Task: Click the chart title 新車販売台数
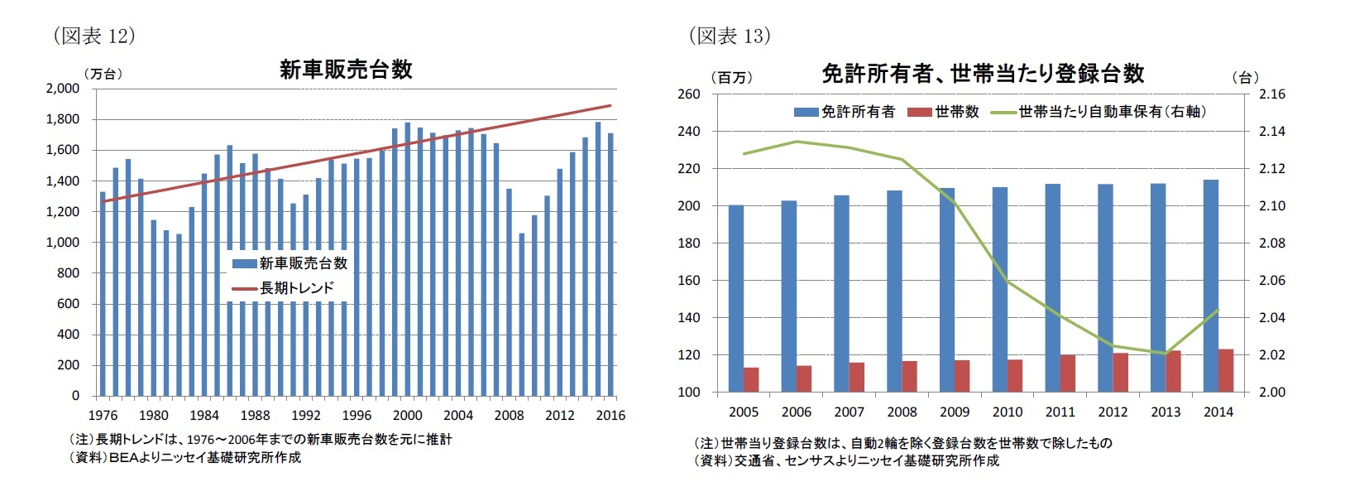pos(346,70)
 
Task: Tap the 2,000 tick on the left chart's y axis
pos(63,89)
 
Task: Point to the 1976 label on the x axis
pos(103,416)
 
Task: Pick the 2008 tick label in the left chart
pos(509,416)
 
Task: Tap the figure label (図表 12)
pos(93,36)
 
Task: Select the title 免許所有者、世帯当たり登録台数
pos(982,74)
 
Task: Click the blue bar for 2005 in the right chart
pos(736,298)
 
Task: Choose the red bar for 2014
pos(1226,370)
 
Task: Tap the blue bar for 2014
pos(1211,286)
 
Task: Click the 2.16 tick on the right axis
pos(1271,94)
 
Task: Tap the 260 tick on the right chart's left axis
pos(688,94)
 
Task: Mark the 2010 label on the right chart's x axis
pos(1007,412)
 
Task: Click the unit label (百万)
pos(731,78)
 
